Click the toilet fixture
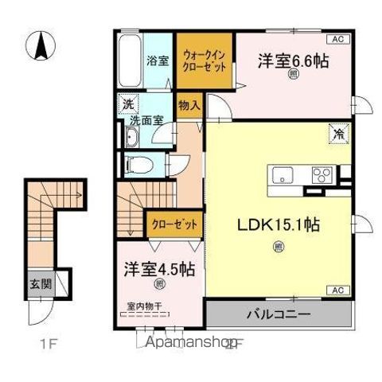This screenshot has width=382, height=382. (137, 166)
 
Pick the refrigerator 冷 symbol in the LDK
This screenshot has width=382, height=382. (337, 135)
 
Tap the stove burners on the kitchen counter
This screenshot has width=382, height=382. (322, 175)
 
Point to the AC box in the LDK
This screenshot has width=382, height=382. (337, 288)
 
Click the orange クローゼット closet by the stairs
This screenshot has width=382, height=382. (173, 225)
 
